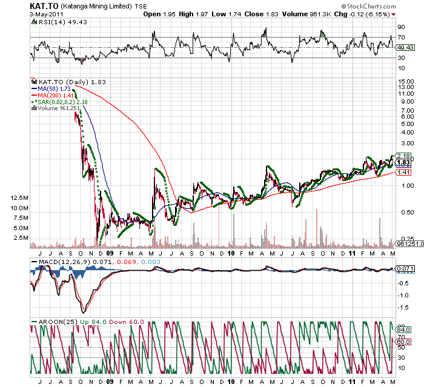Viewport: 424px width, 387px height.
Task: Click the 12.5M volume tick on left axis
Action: [18, 198]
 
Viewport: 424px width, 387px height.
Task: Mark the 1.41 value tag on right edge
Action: [403, 173]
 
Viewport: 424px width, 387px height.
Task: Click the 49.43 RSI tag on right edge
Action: [405, 47]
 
